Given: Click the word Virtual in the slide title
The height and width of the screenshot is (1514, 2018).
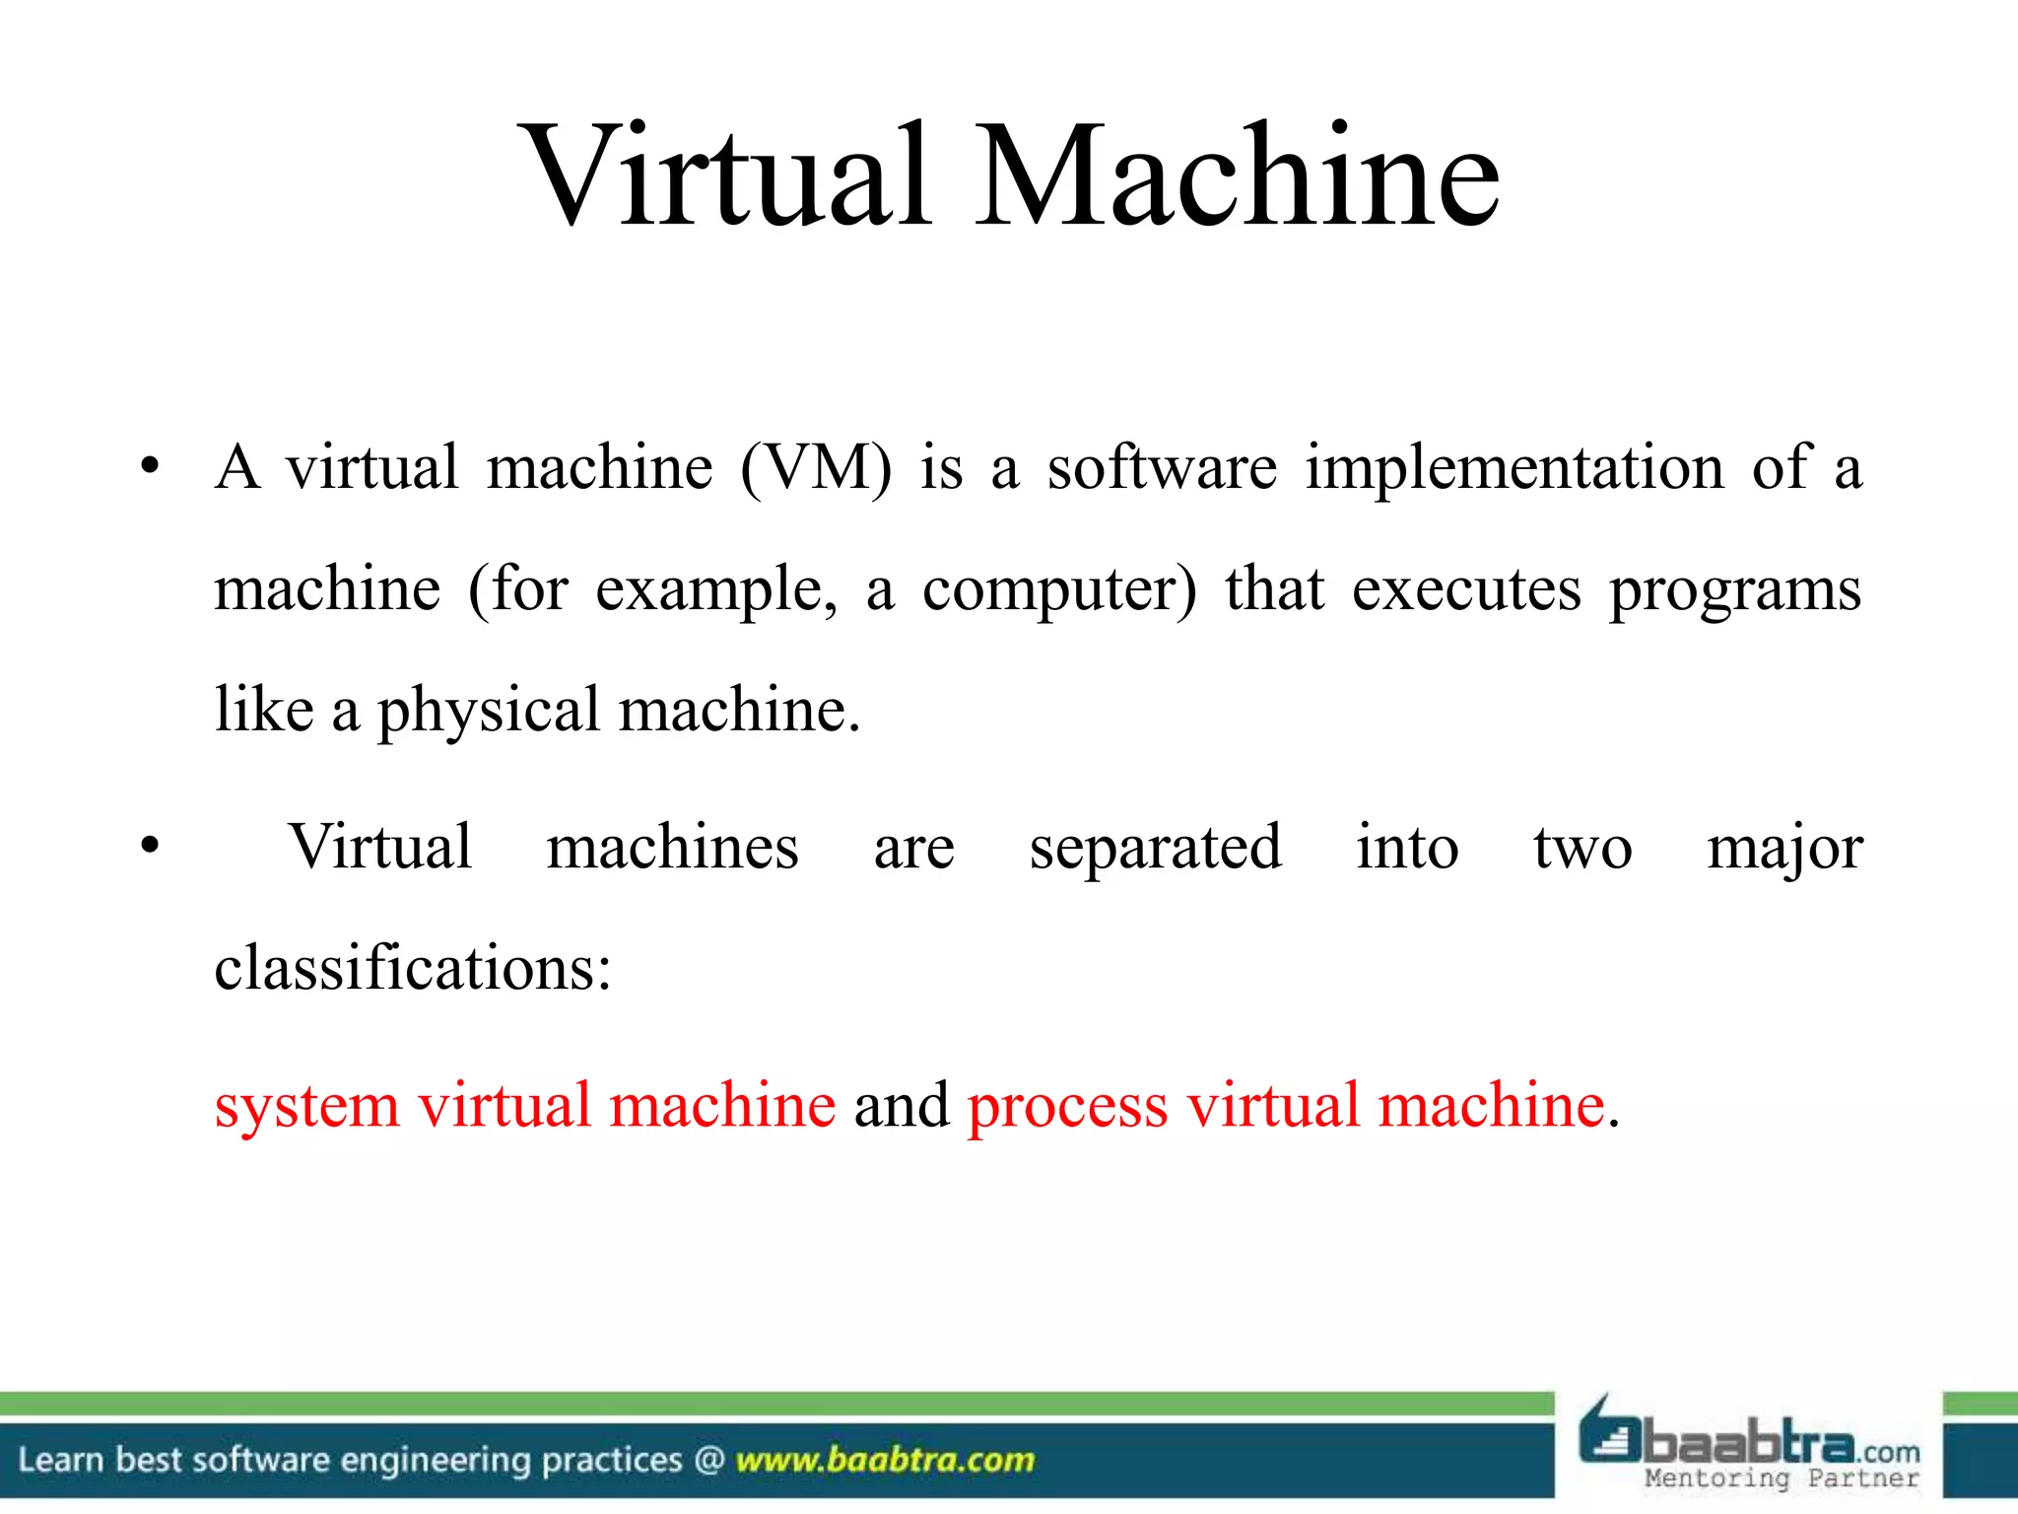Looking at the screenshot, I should pos(727,177).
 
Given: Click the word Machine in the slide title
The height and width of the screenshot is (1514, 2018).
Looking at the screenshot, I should pos(1238,177).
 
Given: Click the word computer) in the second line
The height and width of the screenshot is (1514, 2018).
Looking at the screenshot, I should pos(1059,590).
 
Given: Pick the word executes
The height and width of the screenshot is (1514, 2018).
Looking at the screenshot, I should pos(1465,590).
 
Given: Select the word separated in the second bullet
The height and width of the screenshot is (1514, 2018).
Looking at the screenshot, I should pos(1155,849).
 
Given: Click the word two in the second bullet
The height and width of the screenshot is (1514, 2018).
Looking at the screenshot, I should pos(1581,849).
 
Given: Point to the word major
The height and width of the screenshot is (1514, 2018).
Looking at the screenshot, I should pos(1784,849).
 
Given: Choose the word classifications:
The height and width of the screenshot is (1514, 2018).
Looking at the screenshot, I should pos(413,968).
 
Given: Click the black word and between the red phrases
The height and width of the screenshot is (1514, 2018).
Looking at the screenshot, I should pos(901,1106).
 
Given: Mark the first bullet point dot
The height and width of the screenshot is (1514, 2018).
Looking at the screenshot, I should pos(149,466).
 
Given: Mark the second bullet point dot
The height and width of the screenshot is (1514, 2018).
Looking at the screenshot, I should pos(149,846).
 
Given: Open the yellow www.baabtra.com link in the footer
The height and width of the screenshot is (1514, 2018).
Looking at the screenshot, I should pos(885,1460).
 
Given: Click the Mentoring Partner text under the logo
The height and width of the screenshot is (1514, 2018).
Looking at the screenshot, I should pos(1782,1479).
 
